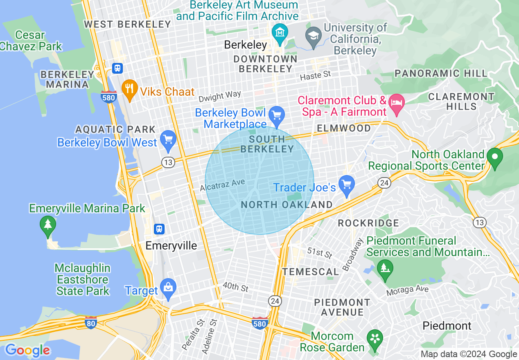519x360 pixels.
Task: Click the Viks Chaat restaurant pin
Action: tap(129, 88)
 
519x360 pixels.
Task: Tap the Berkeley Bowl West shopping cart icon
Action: tap(168, 139)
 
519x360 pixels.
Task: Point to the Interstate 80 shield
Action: tap(91, 323)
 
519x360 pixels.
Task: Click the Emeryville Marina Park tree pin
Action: tap(48, 225)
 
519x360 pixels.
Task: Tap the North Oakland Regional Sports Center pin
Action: tap(495, 157)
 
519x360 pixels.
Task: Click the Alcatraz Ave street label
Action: tap(222, 184)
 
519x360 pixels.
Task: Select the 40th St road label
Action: tap(235, 287)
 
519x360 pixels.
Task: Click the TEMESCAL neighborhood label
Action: tap(311, 272)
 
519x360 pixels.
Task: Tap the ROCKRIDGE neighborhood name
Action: tap(368, 223)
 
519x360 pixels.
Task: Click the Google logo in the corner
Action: tap(27, 350)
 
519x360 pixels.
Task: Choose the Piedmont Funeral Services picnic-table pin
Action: tap(385, 268)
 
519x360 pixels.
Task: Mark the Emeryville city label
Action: tap(171, 245)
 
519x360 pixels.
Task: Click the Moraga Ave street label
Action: tap(408, 291)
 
